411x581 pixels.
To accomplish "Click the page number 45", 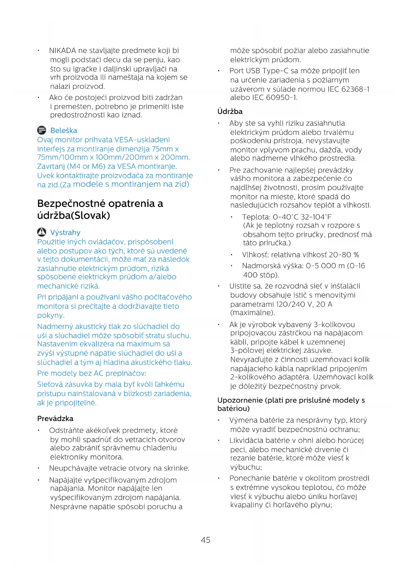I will click(205, 540).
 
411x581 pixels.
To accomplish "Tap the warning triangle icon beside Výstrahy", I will click(42, 232).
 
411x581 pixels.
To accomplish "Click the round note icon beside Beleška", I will click(42, 130).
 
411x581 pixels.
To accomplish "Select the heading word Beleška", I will click(64, 131).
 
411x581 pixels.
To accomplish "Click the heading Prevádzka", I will click(55, 418).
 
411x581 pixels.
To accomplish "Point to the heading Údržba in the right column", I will click(230, 111).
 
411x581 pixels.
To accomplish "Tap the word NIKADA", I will click(63, 51).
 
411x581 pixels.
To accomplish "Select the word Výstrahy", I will click(65, 233).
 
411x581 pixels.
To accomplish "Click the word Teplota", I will click(256, 217).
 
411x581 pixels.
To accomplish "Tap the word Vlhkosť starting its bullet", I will click(255, 255).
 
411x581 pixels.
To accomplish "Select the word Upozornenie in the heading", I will click(240, 400).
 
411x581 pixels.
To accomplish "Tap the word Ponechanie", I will click(248, 478).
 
